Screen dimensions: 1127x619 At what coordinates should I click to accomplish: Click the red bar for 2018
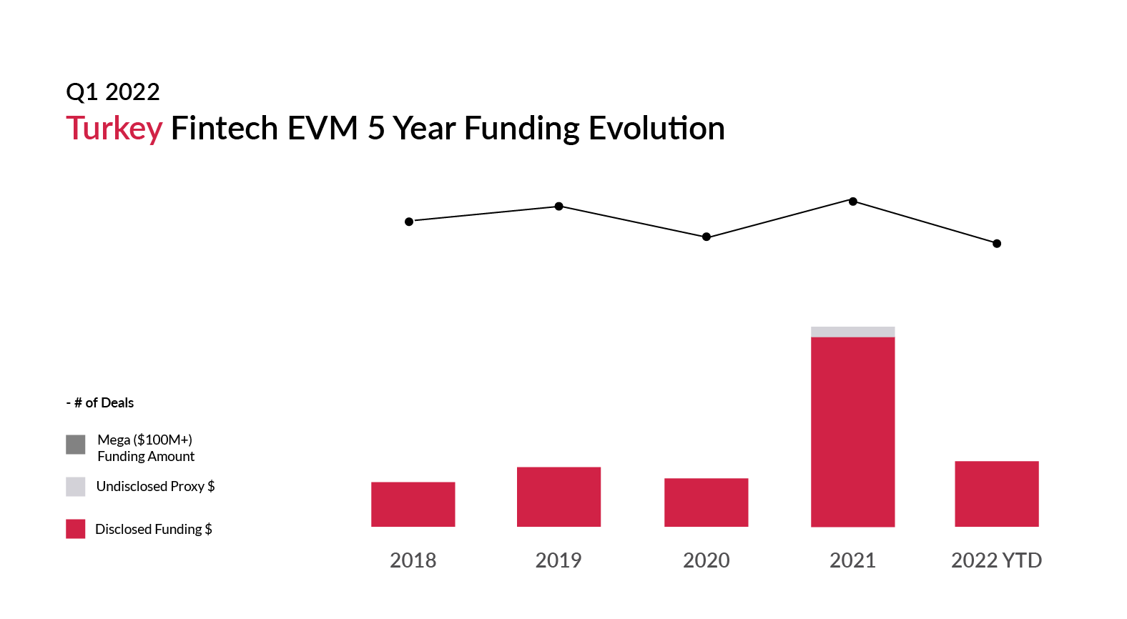click(413, 505)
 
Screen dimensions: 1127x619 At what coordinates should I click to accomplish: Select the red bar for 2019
click(559, 497)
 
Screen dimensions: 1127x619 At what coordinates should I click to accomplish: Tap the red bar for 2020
click(707, 502)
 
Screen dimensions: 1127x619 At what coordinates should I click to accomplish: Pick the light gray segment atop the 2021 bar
click(853, 332)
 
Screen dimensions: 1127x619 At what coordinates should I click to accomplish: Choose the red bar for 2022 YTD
click(997, 494)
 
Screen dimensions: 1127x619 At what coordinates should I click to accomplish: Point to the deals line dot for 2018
click(409, 222)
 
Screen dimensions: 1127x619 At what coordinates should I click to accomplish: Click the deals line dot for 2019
click(559, 206)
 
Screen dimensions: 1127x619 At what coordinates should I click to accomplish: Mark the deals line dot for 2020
click(707, 237)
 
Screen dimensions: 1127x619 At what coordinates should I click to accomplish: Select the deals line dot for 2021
click(853, 202)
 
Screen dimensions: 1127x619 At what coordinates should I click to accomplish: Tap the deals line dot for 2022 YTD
click(997, 244)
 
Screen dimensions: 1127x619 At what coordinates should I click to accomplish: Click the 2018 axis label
click(413, 560)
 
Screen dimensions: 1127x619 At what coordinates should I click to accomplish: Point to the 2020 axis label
click(707, 560)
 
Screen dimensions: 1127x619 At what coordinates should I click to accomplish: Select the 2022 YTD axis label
click(997, 560)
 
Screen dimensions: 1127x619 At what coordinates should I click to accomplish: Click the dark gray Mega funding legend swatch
click(76, 445)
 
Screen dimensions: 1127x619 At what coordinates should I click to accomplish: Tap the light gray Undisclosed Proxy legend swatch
click(76, 487)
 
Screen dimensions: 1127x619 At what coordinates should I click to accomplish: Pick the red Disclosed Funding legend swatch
click(76, 529)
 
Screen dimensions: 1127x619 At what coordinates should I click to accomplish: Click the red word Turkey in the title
click(114, 129)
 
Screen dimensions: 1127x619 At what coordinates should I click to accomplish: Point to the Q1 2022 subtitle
click(113, 92)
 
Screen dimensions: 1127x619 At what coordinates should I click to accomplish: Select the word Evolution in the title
click(656, 128)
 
